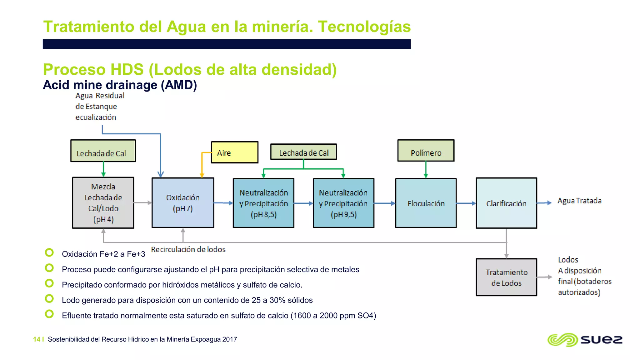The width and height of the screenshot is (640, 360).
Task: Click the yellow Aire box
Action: pyautogui.click(x=234, y=152)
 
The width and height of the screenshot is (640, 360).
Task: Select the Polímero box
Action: pyautogui.click(x=426, y=151)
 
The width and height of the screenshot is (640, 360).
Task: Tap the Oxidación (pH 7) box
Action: pyautogui.click(x=183, y=203)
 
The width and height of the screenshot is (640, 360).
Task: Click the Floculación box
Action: pyautogui.click(x=426, y=203)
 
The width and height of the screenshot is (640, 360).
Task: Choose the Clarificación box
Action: pyautogui.click(x=506, y=203)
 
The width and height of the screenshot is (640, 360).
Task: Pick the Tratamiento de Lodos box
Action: pyautogui.click(x=506, y=277)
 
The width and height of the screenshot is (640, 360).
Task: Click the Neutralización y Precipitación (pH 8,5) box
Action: pyautogui.click(x=263, y=203)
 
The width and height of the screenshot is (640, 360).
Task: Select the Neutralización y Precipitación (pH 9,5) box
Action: pyautogui.click(x=343, y=203)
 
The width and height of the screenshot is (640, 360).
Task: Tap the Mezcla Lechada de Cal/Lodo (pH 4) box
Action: pyautogui.click(x=103, y=203)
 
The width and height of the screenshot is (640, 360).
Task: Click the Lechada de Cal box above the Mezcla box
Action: pyautogui.click(x=103, y=151)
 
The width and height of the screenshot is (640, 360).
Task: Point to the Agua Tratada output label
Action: pyautogui.click(x=579, y=201)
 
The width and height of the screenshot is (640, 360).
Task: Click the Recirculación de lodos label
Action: pyautogui.click(x=188, y=249)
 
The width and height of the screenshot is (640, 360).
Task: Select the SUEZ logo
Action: pyautogui.click(x=585, y=340)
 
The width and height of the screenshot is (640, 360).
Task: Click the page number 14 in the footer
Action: pyautogui.click(x=37, y=339)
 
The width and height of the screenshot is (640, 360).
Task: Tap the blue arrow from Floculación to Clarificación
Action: pyautogui.click(x=466, y=203)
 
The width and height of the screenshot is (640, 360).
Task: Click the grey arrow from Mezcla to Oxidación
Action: pyautogui.click(x=143, y=203)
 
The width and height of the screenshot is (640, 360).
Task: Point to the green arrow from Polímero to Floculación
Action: pyautogui.click(x=426, y=170)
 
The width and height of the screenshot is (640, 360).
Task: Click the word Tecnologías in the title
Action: pyautogui.click(x=364, y=27)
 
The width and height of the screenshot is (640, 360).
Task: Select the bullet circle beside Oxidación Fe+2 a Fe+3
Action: pyautogui.click(x=49, y=252)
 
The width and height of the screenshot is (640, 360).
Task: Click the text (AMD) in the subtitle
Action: pyautogui.click(x=179, y=85)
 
